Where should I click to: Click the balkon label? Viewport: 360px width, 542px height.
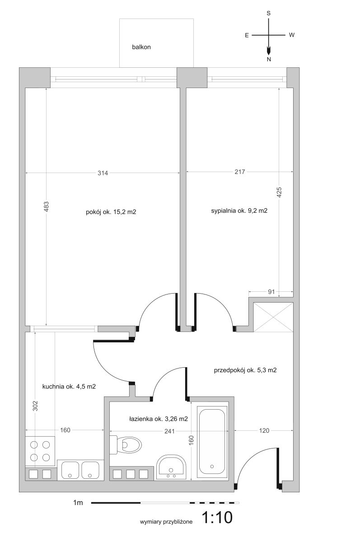point(141,47)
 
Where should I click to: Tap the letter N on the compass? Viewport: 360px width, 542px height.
point(269,59)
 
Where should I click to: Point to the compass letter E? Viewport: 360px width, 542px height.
point(247,35)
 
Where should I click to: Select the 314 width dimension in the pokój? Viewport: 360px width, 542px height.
point(103,173)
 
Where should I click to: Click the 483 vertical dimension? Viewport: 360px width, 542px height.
point(47,206)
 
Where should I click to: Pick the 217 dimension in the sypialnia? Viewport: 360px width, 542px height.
point(240,172)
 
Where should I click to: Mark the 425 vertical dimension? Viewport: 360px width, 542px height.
point(279,192)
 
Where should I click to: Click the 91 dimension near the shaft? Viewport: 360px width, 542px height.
point(271,292)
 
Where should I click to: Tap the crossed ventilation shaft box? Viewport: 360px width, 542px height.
point(273,317)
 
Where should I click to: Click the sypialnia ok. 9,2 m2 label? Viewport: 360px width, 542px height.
point(239,211)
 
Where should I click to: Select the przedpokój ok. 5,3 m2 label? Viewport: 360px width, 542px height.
point(245,370)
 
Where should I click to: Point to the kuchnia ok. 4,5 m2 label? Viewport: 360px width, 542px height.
point(69,387)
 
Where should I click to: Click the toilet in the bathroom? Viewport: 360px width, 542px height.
point(126,444)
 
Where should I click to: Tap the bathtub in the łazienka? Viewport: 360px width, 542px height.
point(212,442)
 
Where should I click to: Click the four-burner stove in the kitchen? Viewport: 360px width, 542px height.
point(40,451)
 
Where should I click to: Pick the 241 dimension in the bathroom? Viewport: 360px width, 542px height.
point(169,431)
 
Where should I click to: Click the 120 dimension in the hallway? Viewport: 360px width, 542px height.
point(264,430)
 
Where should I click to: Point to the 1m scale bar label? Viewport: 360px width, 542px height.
point(78,503)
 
